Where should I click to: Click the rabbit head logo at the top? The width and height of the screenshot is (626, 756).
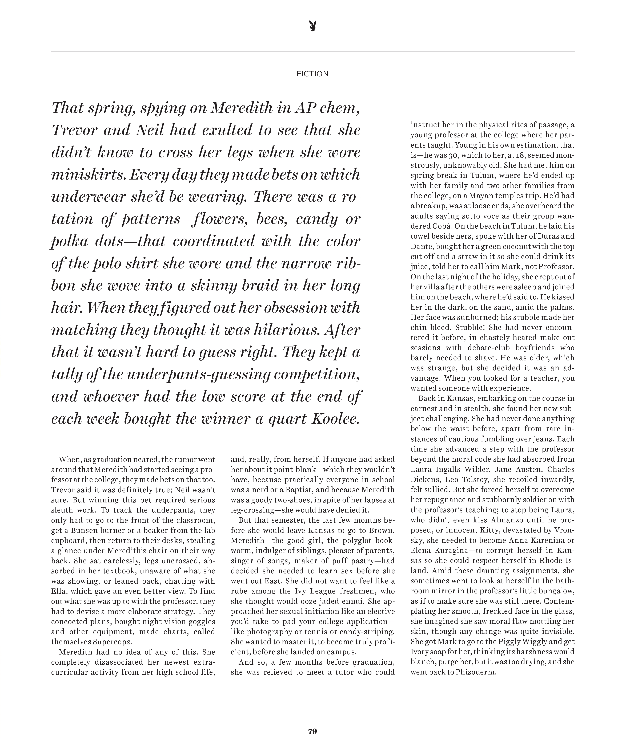point(313,26)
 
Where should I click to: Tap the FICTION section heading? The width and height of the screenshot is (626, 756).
point(313,74)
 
